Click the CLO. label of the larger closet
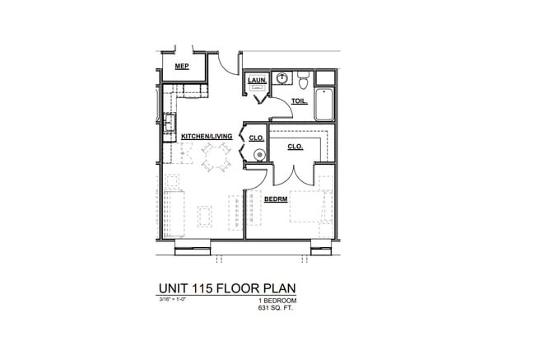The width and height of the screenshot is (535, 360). tap(295, 146)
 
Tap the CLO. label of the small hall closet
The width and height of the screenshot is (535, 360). tap(255, 138)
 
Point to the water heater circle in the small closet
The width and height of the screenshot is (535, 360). tap(259, 153)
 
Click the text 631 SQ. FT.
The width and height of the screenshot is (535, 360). tap(276, 308)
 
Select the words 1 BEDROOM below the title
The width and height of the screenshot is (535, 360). tap(276, 302)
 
